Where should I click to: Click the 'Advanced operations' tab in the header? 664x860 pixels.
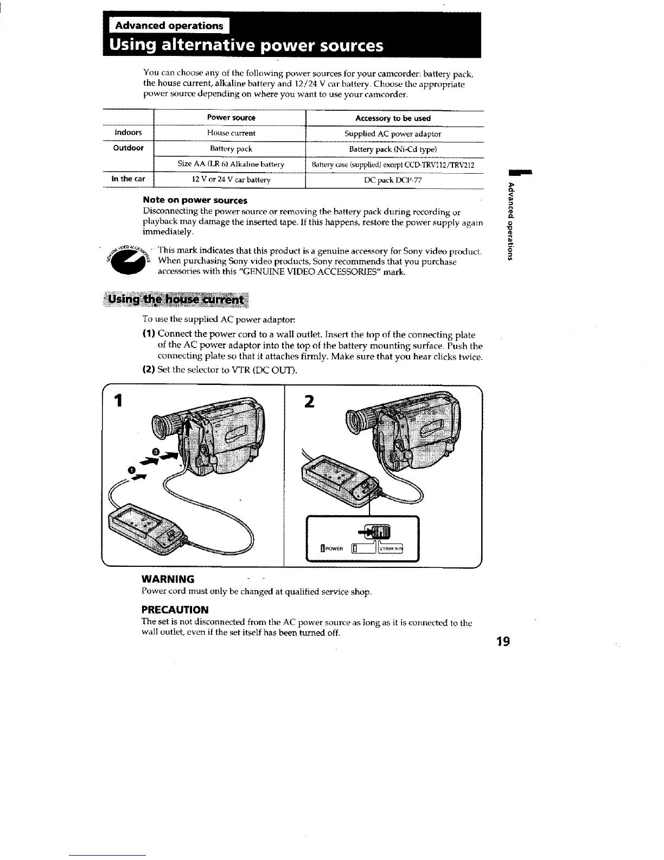(169, 26)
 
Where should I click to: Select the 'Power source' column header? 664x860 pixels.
(231, 118)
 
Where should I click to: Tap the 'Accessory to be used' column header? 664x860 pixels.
(393, 118)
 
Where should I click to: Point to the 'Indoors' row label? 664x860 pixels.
(128, 133)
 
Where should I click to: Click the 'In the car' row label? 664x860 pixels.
(128, 179)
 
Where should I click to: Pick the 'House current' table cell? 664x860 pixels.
(231, 133)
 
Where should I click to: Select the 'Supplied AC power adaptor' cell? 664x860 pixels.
(393, 134)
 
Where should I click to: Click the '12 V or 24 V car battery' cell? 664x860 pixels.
(231, 180)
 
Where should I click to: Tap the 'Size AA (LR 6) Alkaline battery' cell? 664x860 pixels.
(231, 164)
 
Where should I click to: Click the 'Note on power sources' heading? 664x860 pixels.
(195, 200)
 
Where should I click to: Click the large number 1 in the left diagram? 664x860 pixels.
(116, 402)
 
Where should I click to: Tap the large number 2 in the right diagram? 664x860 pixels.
(309, 402)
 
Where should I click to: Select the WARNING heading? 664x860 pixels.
(168, 579)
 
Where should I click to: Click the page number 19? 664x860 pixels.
(503, 642)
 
